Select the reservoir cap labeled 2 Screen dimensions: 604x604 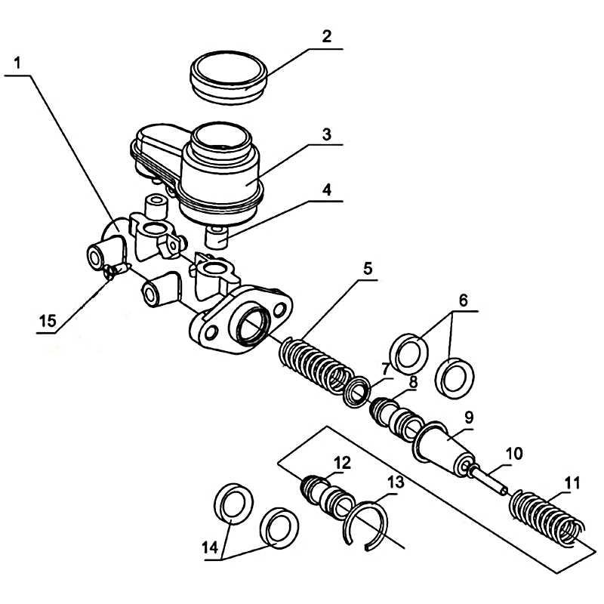226,76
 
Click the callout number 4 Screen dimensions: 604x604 325,190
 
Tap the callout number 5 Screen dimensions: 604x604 366,267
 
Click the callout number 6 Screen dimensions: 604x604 464,300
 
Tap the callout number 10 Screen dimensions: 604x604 513,455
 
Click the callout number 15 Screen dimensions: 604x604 48,320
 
